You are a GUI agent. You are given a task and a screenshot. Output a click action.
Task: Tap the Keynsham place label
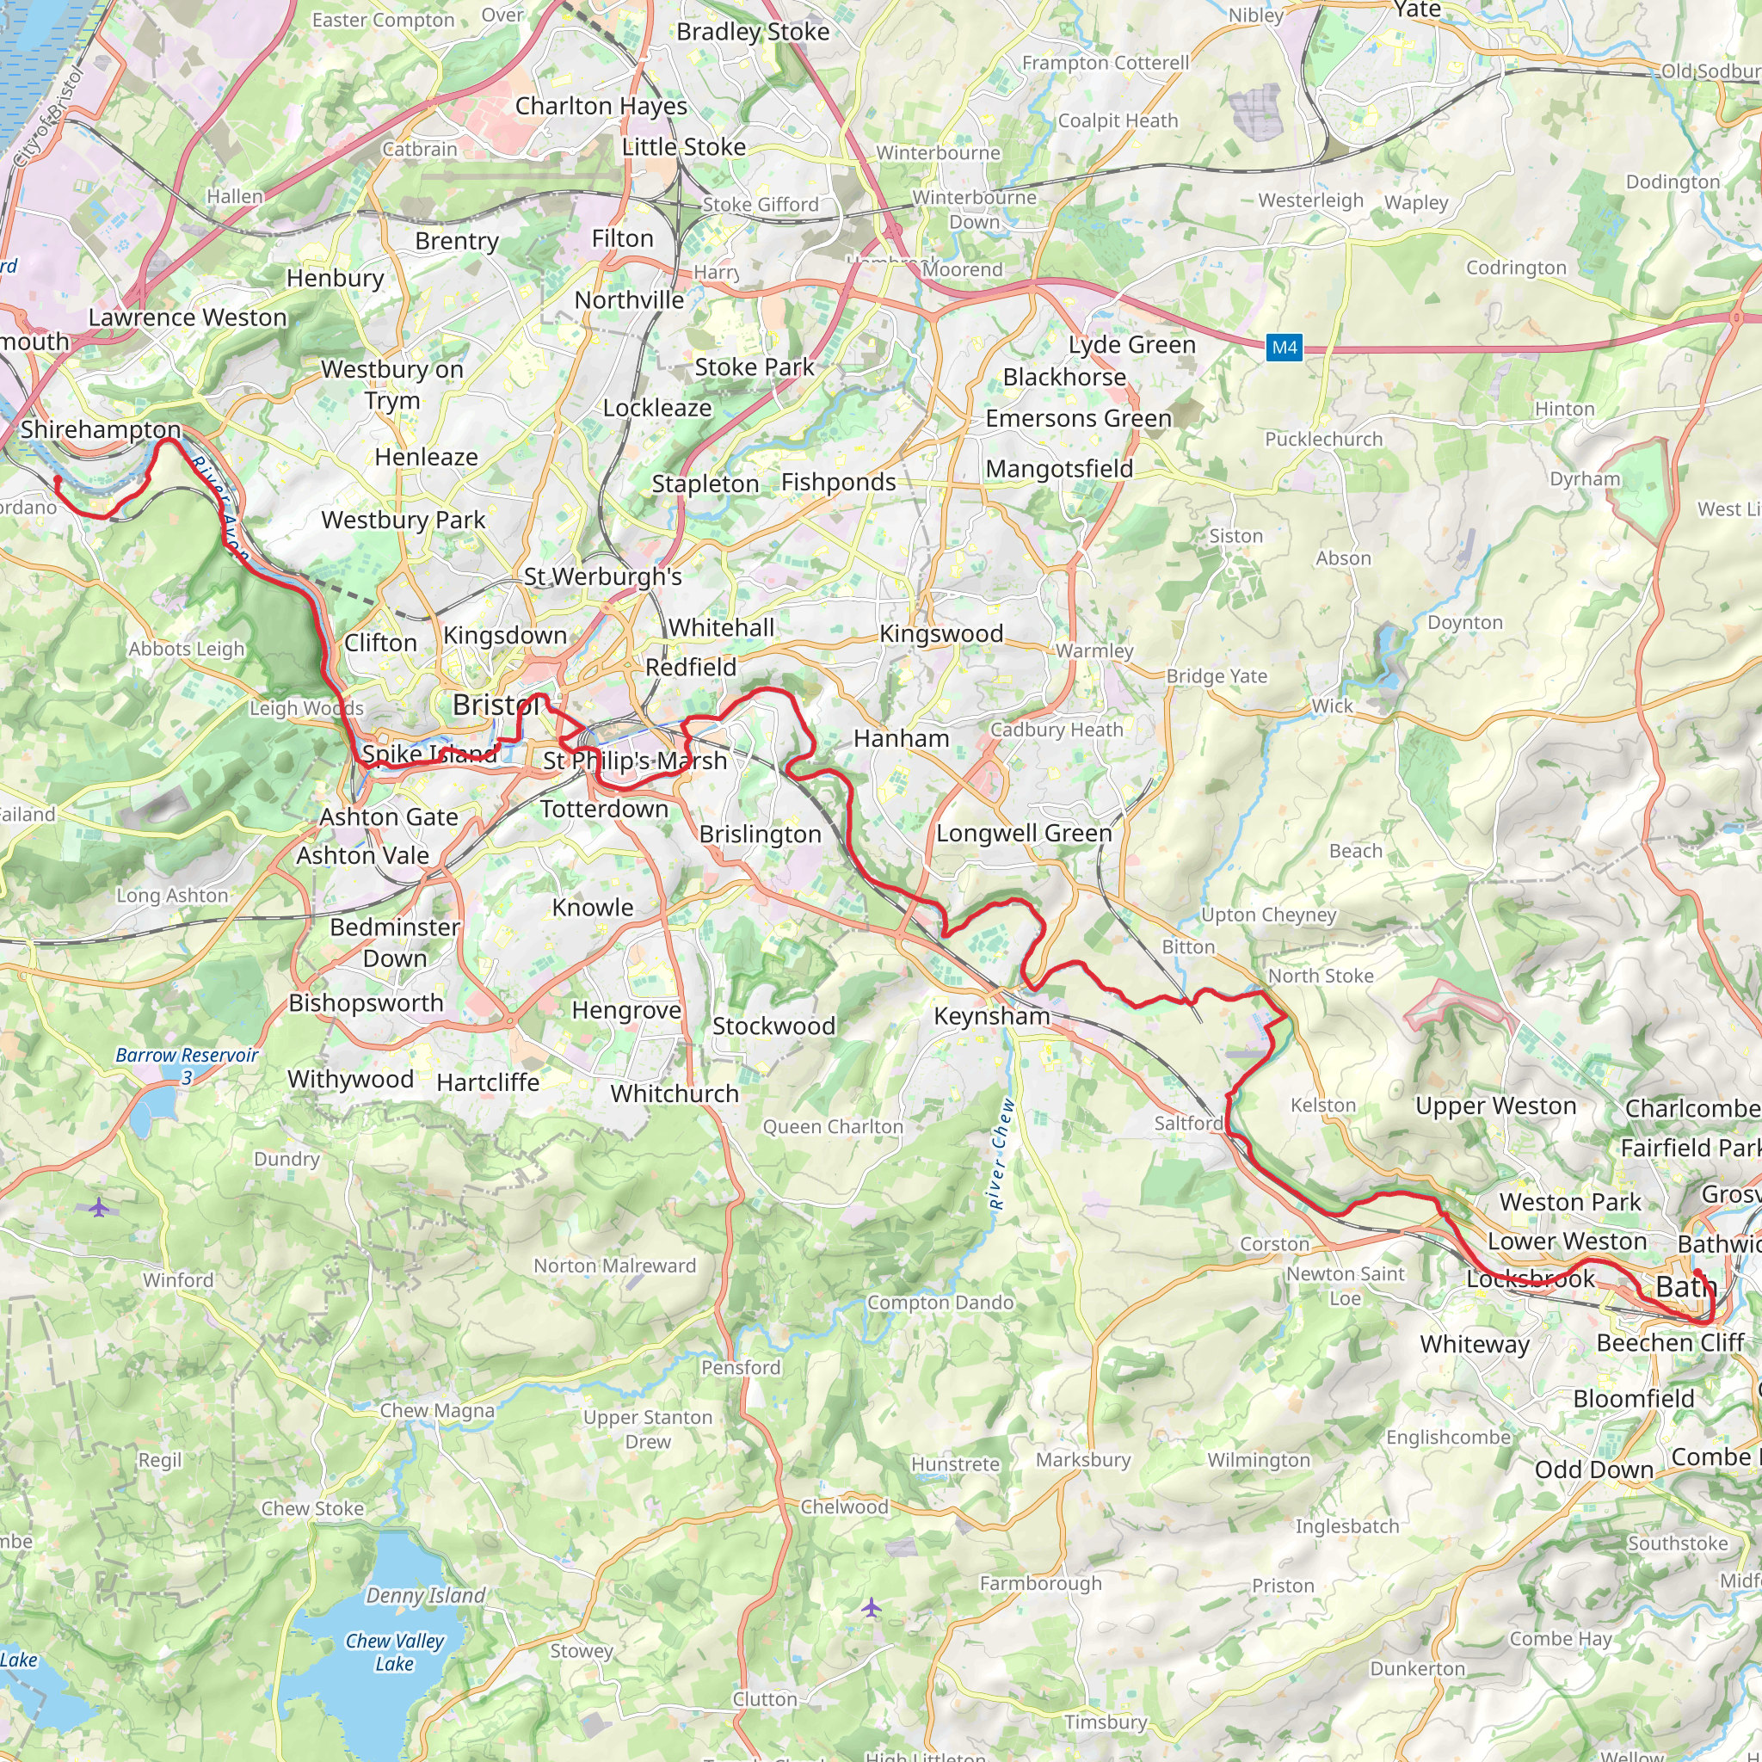[x=991, y=1016]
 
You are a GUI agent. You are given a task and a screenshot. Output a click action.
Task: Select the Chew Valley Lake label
[x=395, y=1652]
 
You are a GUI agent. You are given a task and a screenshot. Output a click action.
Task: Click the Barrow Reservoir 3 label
[x=187, y=1065]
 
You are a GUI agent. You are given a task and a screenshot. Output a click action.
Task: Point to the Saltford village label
[x=1188, y=1124]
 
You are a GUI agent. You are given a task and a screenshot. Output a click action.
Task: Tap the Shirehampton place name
[x=101, y=429]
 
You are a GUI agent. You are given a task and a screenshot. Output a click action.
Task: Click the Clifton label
[x=380, y=643]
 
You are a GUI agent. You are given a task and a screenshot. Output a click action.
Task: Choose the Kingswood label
[x=940, y=634]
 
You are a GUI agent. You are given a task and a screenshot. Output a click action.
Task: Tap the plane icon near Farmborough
[x=872, y=1607]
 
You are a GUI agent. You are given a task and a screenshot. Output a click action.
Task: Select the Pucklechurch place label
[x=1323, y=440]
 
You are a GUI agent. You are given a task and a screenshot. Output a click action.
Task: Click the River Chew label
[x=1001, y=1154]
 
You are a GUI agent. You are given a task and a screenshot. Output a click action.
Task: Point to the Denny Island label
[x=425, y=1595]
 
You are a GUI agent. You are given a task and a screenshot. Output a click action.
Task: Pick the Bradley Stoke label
[x=753, y=32]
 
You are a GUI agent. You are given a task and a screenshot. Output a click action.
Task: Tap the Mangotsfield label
[x=1059, y=469]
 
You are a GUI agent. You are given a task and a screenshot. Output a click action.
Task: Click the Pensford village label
[x=741, y=1367]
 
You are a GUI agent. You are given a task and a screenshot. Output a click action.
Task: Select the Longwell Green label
[x=1023, y=834]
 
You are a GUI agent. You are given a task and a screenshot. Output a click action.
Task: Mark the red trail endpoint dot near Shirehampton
[x=59, y=480]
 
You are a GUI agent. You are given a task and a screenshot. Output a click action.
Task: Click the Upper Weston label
[x=1494, y=1106]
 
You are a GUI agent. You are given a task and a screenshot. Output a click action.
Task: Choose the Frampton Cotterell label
[x=1106, y=63]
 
